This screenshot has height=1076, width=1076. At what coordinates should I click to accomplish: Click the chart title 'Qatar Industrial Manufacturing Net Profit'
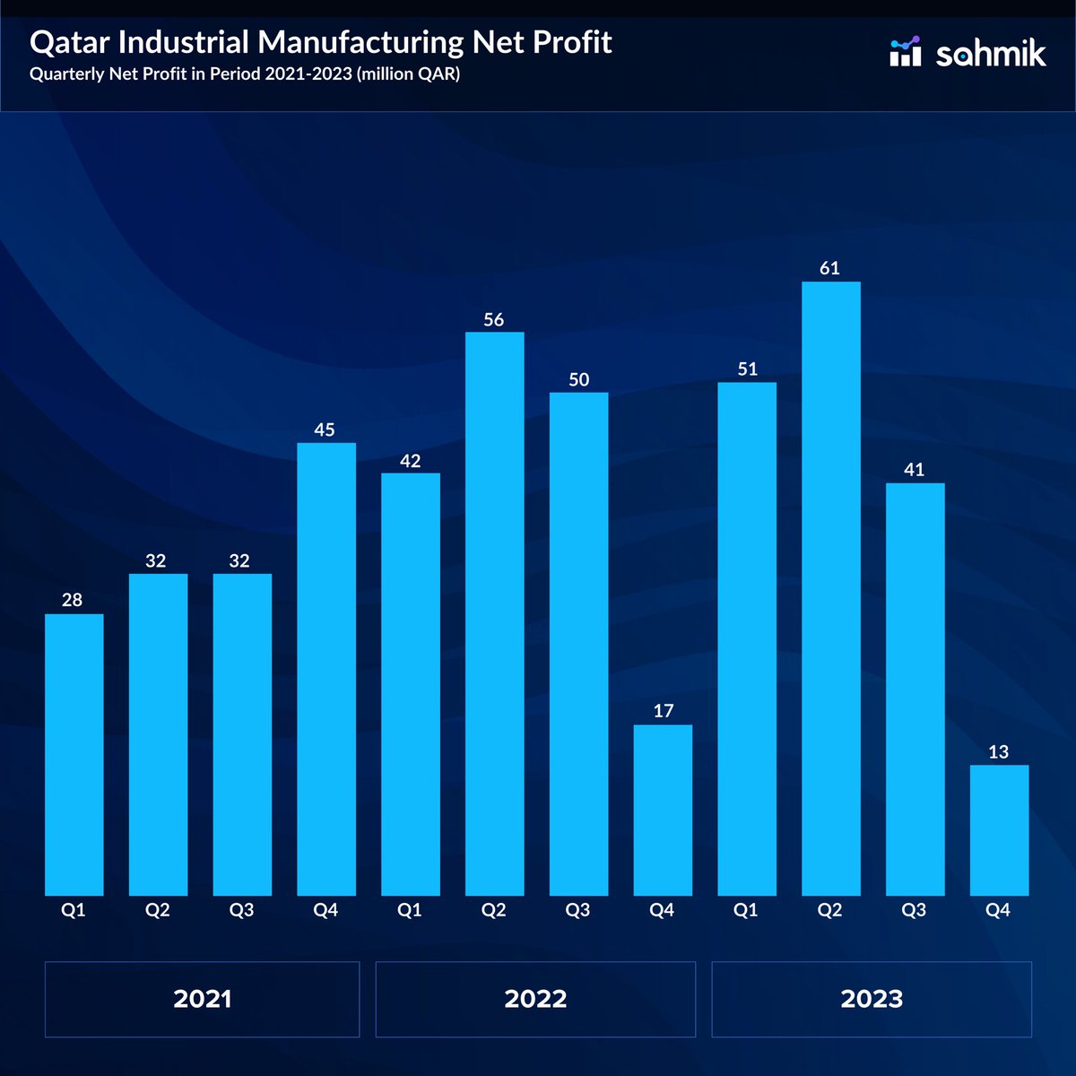(320, 42)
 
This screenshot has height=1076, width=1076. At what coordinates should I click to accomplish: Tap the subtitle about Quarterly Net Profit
(245, 74)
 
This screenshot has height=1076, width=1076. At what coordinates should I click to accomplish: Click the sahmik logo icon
(905, 52)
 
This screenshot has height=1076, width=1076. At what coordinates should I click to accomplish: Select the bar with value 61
(830, 588)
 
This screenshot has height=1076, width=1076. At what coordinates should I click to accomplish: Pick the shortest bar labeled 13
(999, 829)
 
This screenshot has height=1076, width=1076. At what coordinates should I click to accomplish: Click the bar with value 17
(663, 810)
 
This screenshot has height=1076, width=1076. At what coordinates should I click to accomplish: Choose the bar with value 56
(494, 613)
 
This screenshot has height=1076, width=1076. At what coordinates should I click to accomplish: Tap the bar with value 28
(74, 754)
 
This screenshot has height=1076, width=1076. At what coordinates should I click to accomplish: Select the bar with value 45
(325, 668)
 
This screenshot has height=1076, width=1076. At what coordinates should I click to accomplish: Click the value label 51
(747, 369)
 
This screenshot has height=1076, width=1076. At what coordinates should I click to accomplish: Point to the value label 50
(578, 379)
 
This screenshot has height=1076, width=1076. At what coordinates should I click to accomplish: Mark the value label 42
(410, 461)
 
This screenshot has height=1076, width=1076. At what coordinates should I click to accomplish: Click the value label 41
(914, 469)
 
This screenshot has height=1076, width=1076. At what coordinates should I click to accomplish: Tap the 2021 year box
(202, 999)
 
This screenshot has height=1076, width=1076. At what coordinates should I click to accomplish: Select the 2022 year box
(535, 999)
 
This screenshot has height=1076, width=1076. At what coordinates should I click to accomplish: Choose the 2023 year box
(872, 999)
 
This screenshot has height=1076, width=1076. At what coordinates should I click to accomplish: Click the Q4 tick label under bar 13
(998, 910)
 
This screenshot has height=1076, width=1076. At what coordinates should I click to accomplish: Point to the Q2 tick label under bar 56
(493, 910)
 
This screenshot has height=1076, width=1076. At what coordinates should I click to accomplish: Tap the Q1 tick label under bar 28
(73, 910)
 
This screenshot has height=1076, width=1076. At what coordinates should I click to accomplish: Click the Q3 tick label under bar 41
(914, 910)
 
